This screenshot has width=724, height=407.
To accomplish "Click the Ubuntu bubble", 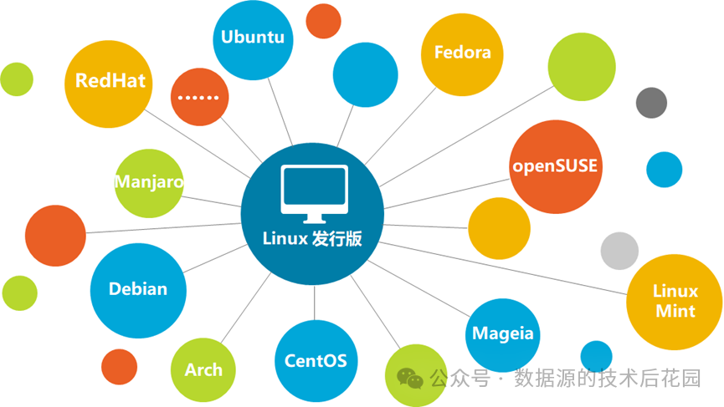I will coord(253,38).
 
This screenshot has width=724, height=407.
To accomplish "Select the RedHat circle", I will coord(110,81).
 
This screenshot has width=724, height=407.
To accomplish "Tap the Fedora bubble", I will coord(462,53).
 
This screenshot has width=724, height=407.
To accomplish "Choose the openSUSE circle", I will coord(554,165).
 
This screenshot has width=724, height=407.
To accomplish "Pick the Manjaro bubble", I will coord(149,182).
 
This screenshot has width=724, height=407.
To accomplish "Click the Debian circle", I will coord(138,289).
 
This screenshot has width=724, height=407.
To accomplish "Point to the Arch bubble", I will coord(203,369).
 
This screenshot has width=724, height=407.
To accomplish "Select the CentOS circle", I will coord(315,361).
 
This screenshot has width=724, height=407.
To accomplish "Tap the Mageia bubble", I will coord(502,333).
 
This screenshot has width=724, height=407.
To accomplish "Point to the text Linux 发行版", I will coord(312,238).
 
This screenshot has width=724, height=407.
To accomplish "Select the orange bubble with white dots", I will coord(200,97).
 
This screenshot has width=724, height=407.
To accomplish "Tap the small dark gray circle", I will coord(651,102).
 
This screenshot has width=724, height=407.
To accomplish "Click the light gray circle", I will coord(619,251).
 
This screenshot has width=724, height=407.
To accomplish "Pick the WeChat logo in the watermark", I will coord(410,379).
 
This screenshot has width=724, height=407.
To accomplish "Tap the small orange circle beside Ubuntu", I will coord(323,21).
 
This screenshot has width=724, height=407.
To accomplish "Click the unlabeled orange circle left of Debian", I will coord(55,235).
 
